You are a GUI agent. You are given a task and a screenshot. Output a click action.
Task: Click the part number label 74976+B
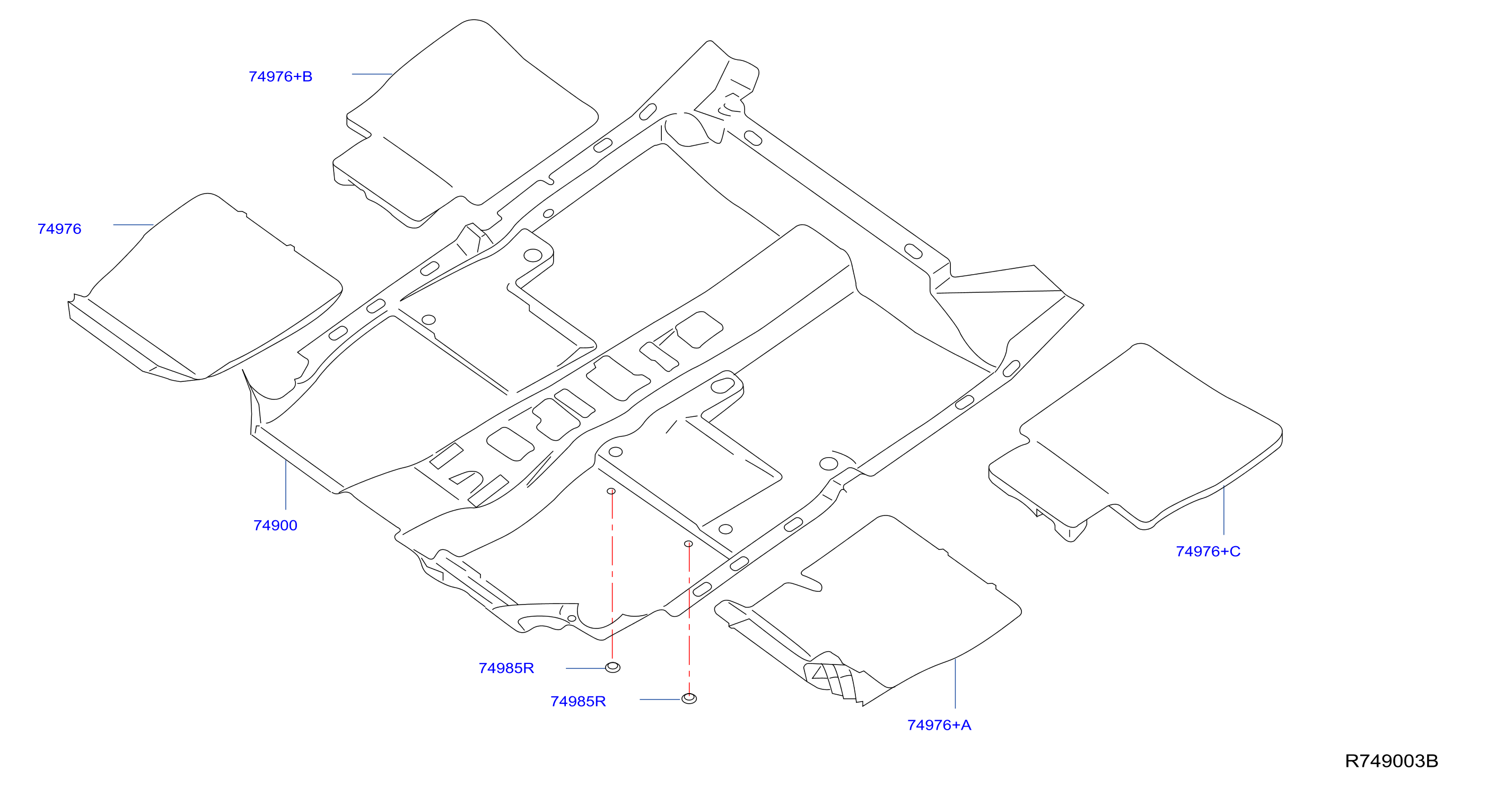[281, 77]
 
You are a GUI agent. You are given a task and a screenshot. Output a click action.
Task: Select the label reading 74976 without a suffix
[59, 229]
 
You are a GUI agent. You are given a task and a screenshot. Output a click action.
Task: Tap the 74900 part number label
[275, 526]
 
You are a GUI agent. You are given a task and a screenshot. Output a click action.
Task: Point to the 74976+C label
[1208, 551]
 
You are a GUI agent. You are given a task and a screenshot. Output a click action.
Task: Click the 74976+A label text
[939, 725]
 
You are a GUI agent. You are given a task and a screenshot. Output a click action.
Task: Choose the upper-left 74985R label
[506, 668]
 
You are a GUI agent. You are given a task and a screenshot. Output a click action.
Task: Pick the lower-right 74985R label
[578, 702]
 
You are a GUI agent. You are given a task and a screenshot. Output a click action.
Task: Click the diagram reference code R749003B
[1392, 761]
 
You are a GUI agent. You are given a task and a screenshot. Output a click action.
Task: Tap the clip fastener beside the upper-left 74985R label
[613, 667]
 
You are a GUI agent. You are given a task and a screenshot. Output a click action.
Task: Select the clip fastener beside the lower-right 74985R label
[689, 698]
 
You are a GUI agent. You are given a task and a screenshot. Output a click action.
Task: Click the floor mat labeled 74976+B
[465, 122]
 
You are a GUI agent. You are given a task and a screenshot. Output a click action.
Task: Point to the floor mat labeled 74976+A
[871, 610]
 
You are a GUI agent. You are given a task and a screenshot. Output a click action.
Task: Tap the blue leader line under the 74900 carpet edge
[286, 485]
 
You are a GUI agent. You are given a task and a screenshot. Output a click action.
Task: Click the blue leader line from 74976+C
[1223, 510]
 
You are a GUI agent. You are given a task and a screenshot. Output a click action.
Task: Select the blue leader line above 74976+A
[955, 684]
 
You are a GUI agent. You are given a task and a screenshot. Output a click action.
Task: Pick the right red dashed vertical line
[689, 619]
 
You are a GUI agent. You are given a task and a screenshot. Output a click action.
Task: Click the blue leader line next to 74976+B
[372, 74]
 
